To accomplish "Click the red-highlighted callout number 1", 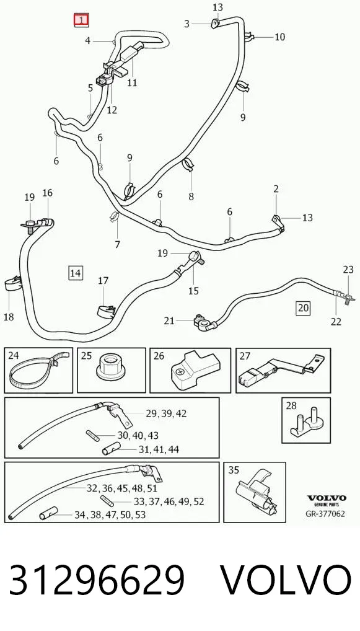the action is point(81,20).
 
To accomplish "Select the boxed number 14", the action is point(76,273).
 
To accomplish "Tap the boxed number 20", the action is point(303,308).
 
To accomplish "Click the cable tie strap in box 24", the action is point(38,369).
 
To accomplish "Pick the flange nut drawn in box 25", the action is point(112,366).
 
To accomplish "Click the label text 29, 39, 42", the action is point(166,413).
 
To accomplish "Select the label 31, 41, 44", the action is point(159,449).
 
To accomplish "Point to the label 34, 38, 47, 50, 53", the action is point(110,514).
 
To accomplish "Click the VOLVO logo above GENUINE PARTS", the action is point(327,498).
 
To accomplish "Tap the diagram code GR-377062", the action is point(325,513).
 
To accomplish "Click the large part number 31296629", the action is point(97,580).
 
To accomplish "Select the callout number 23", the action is point(348,270).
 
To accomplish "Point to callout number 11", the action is point(132,83).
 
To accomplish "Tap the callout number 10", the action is point(279,37).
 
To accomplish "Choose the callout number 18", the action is point(9,317).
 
